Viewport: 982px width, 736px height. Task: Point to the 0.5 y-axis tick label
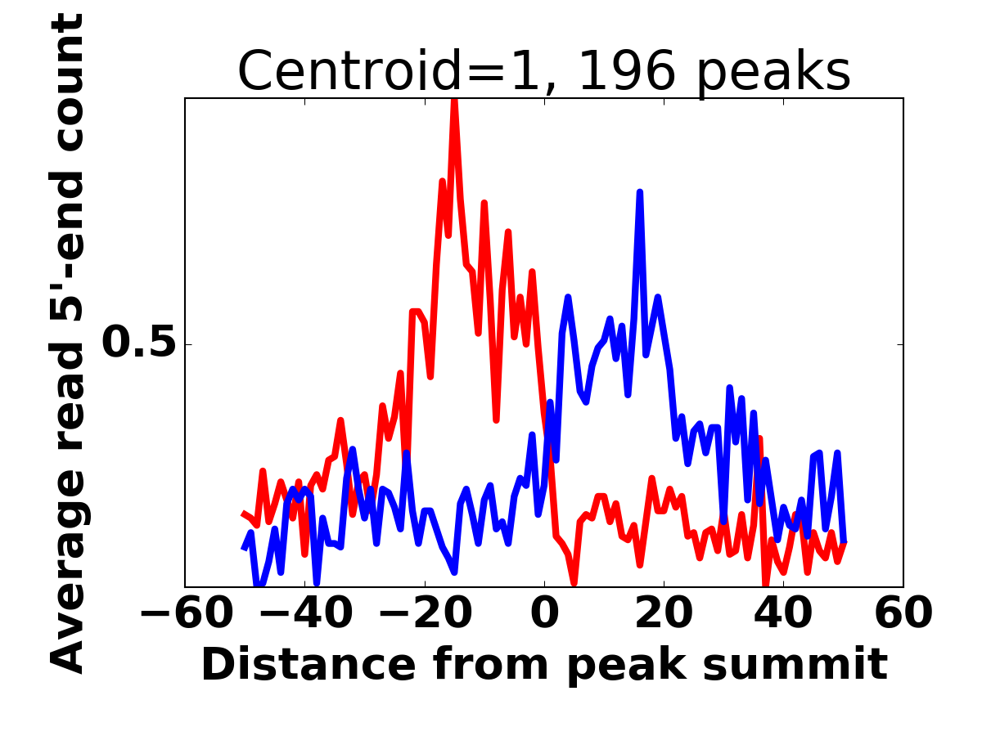click(x=139, y=344)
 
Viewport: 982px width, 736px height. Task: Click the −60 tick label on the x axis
click(x=187, y=613)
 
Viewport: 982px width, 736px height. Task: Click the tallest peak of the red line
click(x=453, y=101)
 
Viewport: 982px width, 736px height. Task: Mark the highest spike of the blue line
click(x=640, y=192)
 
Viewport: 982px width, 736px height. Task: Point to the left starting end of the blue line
click(x=244, y=548)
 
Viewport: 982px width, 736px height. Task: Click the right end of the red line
click(x=844, y=544)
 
